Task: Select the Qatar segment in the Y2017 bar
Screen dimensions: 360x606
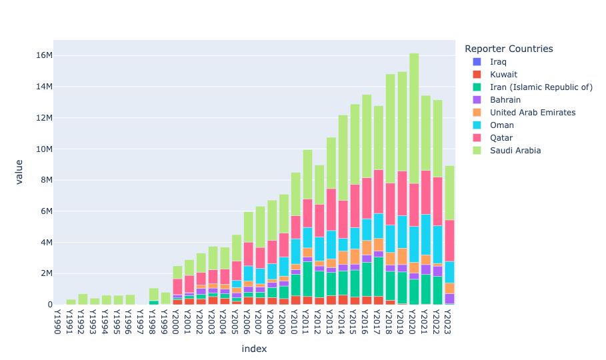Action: [x=378, y=192]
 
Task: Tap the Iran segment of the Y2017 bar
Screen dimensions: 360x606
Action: [x=378, y=277]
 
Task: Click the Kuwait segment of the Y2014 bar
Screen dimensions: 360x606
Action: [x=343, y=299]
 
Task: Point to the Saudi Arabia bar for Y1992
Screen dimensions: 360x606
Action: [x=83, y=299]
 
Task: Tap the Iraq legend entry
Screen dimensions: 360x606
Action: [x=497, y=62]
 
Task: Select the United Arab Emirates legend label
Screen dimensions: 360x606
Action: [x=532, y=113]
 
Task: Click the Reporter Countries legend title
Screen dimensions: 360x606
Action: [x=509, y=49]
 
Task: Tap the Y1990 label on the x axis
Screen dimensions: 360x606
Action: [x=59, y=320]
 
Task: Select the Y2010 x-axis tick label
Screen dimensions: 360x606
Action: [x=295, y=320]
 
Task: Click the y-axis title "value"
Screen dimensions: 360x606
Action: [x=20, y=171]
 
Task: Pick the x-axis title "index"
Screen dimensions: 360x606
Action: [x=254, y=348]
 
